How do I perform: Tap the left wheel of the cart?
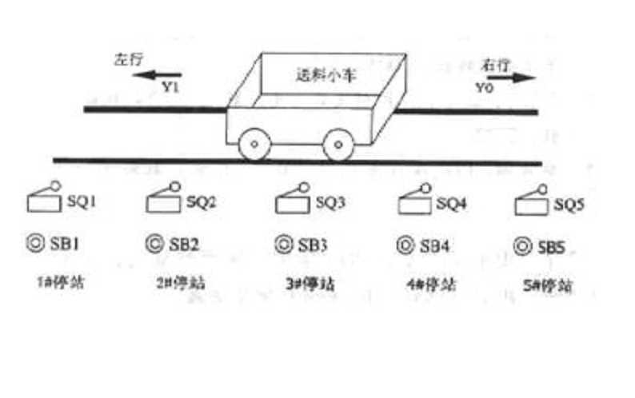point(254,145)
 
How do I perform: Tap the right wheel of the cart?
point(338,145)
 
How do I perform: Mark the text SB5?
point(551,247)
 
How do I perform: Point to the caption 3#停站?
point(308,284)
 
